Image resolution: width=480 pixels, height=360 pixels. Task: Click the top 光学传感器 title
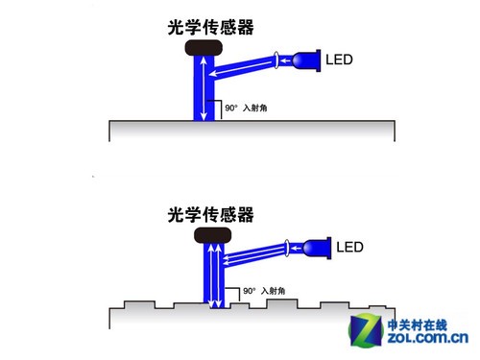point(210,28)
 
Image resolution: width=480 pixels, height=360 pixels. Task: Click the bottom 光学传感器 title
point(210,215)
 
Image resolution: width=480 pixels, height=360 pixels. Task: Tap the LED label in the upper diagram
point(341,60)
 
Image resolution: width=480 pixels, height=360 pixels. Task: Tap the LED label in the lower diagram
point(350,248)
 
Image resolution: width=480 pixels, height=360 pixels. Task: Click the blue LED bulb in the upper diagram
point(305,60)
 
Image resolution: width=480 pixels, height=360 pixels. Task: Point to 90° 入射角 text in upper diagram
point(244,109)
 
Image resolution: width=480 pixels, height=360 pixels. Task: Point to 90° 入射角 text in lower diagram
point(263,290)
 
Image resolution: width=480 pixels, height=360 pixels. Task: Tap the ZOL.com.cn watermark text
point(427,338)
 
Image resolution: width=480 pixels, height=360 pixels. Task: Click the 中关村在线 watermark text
point(427,323)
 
